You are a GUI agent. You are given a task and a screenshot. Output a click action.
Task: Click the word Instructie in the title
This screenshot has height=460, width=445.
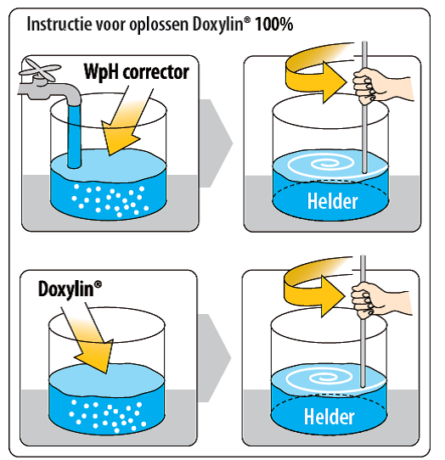click(x=59, y=24)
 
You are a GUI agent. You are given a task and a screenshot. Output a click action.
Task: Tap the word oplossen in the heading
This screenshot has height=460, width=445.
click(x=160, y=25)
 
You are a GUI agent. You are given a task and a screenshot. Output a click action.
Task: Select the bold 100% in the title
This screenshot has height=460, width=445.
click(x=274, y=24)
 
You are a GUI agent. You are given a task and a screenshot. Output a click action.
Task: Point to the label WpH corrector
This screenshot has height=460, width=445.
click(x=136, y=72)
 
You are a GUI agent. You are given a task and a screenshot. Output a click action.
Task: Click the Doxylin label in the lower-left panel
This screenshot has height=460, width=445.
click(x=70, y=289)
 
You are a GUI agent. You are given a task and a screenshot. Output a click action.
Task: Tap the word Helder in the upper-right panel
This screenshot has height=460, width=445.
click(x=333, y=201)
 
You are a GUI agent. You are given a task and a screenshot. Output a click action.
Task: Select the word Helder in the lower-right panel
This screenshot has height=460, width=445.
click(x=329, y=417)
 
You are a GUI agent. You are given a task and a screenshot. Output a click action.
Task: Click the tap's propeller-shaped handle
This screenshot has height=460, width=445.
click(x=40, y=70)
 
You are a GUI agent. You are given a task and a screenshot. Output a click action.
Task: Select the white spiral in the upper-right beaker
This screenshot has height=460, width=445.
click(x=321, y=165)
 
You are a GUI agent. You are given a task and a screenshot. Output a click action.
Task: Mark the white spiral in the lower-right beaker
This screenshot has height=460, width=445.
click(x=319, y=379)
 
